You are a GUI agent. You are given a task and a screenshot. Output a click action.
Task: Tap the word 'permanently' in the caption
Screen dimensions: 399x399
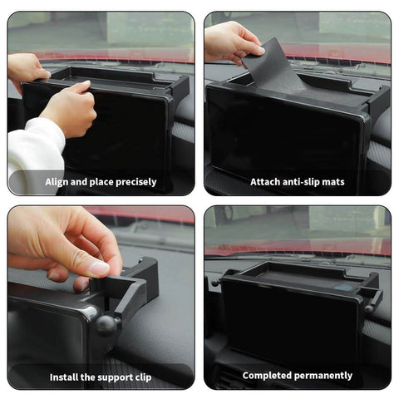click(328, 376)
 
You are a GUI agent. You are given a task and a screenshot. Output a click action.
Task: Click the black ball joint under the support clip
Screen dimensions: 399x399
click(106, 323)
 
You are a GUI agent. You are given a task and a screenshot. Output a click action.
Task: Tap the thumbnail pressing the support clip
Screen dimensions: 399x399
click(99, 268)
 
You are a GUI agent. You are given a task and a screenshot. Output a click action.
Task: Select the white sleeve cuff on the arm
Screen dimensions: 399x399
click(33, 154)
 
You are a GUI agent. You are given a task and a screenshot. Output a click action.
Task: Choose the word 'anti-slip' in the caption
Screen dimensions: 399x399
click(298, 181)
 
